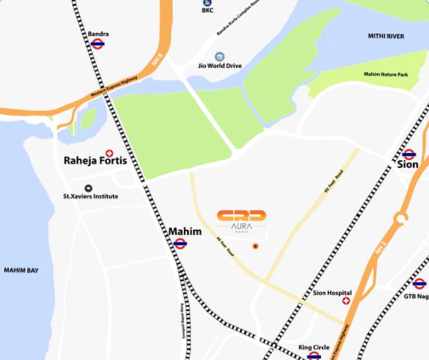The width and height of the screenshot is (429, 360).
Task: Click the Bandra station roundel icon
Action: [97, 44]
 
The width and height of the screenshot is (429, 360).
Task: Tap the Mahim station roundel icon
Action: [180, 243]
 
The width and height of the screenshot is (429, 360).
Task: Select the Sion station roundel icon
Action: [409, 154]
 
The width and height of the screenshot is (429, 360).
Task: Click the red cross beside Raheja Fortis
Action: [110, 153]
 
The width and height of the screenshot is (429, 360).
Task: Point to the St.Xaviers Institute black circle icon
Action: [89, 188]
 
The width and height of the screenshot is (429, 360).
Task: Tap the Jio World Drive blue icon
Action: [219, 57]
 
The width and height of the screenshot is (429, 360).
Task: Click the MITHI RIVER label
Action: [386, 36]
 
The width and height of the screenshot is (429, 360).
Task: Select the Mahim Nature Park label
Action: [386, 75]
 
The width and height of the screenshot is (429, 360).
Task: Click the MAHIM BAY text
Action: [21, 270]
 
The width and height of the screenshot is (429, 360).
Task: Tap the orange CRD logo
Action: [241, 216]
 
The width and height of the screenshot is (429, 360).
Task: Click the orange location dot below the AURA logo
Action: [255, 246]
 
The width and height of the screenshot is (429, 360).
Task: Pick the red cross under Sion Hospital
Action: [346, 301]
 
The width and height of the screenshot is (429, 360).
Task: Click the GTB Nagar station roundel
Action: [419, 284]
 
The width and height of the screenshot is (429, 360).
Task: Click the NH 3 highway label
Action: [380, 249]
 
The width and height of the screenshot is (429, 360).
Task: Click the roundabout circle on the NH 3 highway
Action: [401, 218]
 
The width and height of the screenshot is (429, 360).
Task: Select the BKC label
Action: [207, 10]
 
